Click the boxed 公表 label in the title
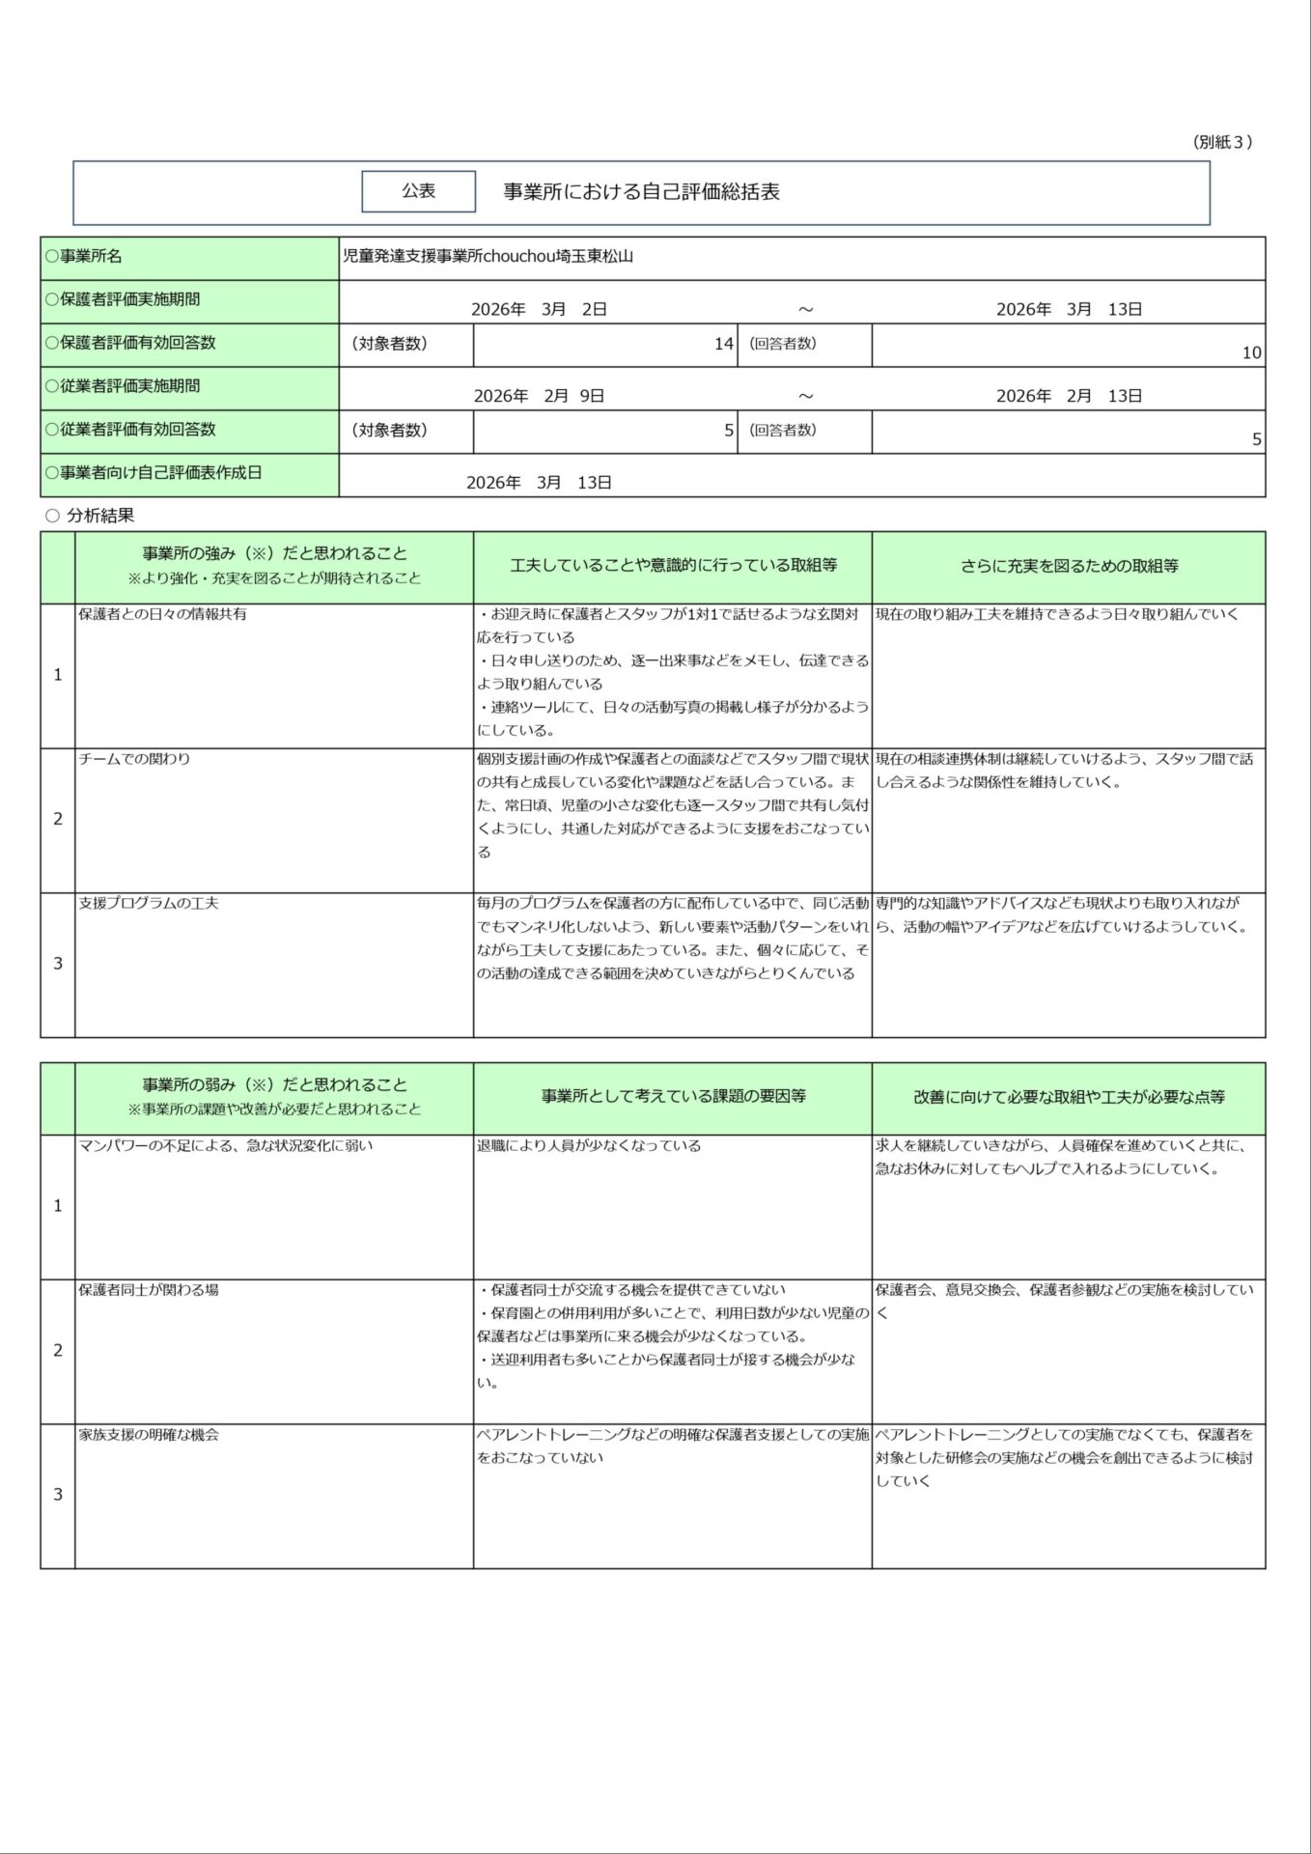pyautogui.click(x=418, y=191)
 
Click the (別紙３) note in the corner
pyautogui.click(x=1223, y=142)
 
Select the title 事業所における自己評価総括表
pyautogui.click(x=641, y=191)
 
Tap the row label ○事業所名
pyautogui.click(x=84, y=257)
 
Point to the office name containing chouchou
pyautogui.click(x=488, y=257)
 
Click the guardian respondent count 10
pyautogui.click(x=1251, y=352)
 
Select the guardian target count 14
pyautogui.click(x=723, y=344)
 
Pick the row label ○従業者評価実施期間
pyautogui.click(x=123, y=386)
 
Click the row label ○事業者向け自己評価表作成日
pyautogui.click(x=153, y=473)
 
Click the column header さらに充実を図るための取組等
pyautogui.click(x=1069, y=567)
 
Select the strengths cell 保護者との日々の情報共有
pyautogui.click(x=162, y=614)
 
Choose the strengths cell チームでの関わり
pyautogui.click(x=134, y=759)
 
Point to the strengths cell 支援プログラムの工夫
pyautogui.click(x=149, y=904)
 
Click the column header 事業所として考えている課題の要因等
pyautogui.click(x=673, y=1097)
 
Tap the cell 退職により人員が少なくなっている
pyautogui.click(x=589, y=1146)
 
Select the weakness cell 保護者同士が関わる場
pyautogui.click(x=149, y=1290)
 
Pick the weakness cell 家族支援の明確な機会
pyautogui.click(x=149, y=1435)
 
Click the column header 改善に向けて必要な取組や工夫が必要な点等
pyautogui.click(x=1069, y=1097)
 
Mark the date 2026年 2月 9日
pyautogui.click(x=539, y=396)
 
